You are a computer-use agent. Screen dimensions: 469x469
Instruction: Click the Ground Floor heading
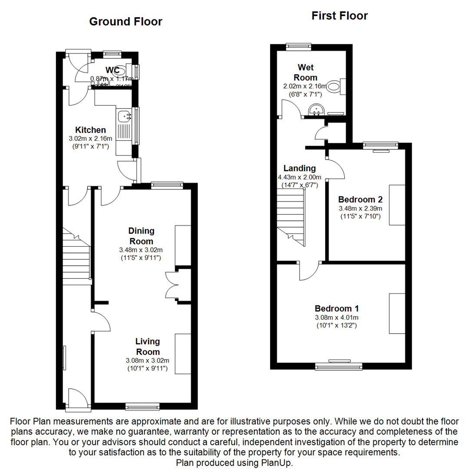[x=126, y=21]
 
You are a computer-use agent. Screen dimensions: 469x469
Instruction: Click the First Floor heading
[x=340, y=16]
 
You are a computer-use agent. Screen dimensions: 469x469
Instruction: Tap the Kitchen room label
[x=90, y=130]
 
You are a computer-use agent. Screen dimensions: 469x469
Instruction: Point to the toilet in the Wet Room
[x=335, y=86]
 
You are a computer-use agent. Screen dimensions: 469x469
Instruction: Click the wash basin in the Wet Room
[x=316, y=110]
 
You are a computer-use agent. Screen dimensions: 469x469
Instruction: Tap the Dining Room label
[x=141, y=236]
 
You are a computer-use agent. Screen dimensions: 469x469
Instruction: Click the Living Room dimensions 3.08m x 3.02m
[x=147, y=360]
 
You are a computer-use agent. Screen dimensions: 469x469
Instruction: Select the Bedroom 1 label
[x=337, y=308]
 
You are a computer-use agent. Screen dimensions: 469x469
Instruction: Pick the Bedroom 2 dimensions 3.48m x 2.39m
[x=360, y=208]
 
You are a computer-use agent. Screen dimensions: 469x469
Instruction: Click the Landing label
[x=300, y=168]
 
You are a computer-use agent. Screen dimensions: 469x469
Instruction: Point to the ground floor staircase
[x=76, y=258]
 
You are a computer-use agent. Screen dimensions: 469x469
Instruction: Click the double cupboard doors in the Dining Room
[x=172, y=285]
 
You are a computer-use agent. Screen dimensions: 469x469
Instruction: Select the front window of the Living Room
[x=142, y=406]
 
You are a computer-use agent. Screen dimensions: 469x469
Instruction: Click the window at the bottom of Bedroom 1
[x=339, y=366]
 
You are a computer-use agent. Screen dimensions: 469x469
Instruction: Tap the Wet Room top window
[x=299, y=45]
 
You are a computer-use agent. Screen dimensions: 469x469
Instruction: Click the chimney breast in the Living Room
[x=183, y=353]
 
